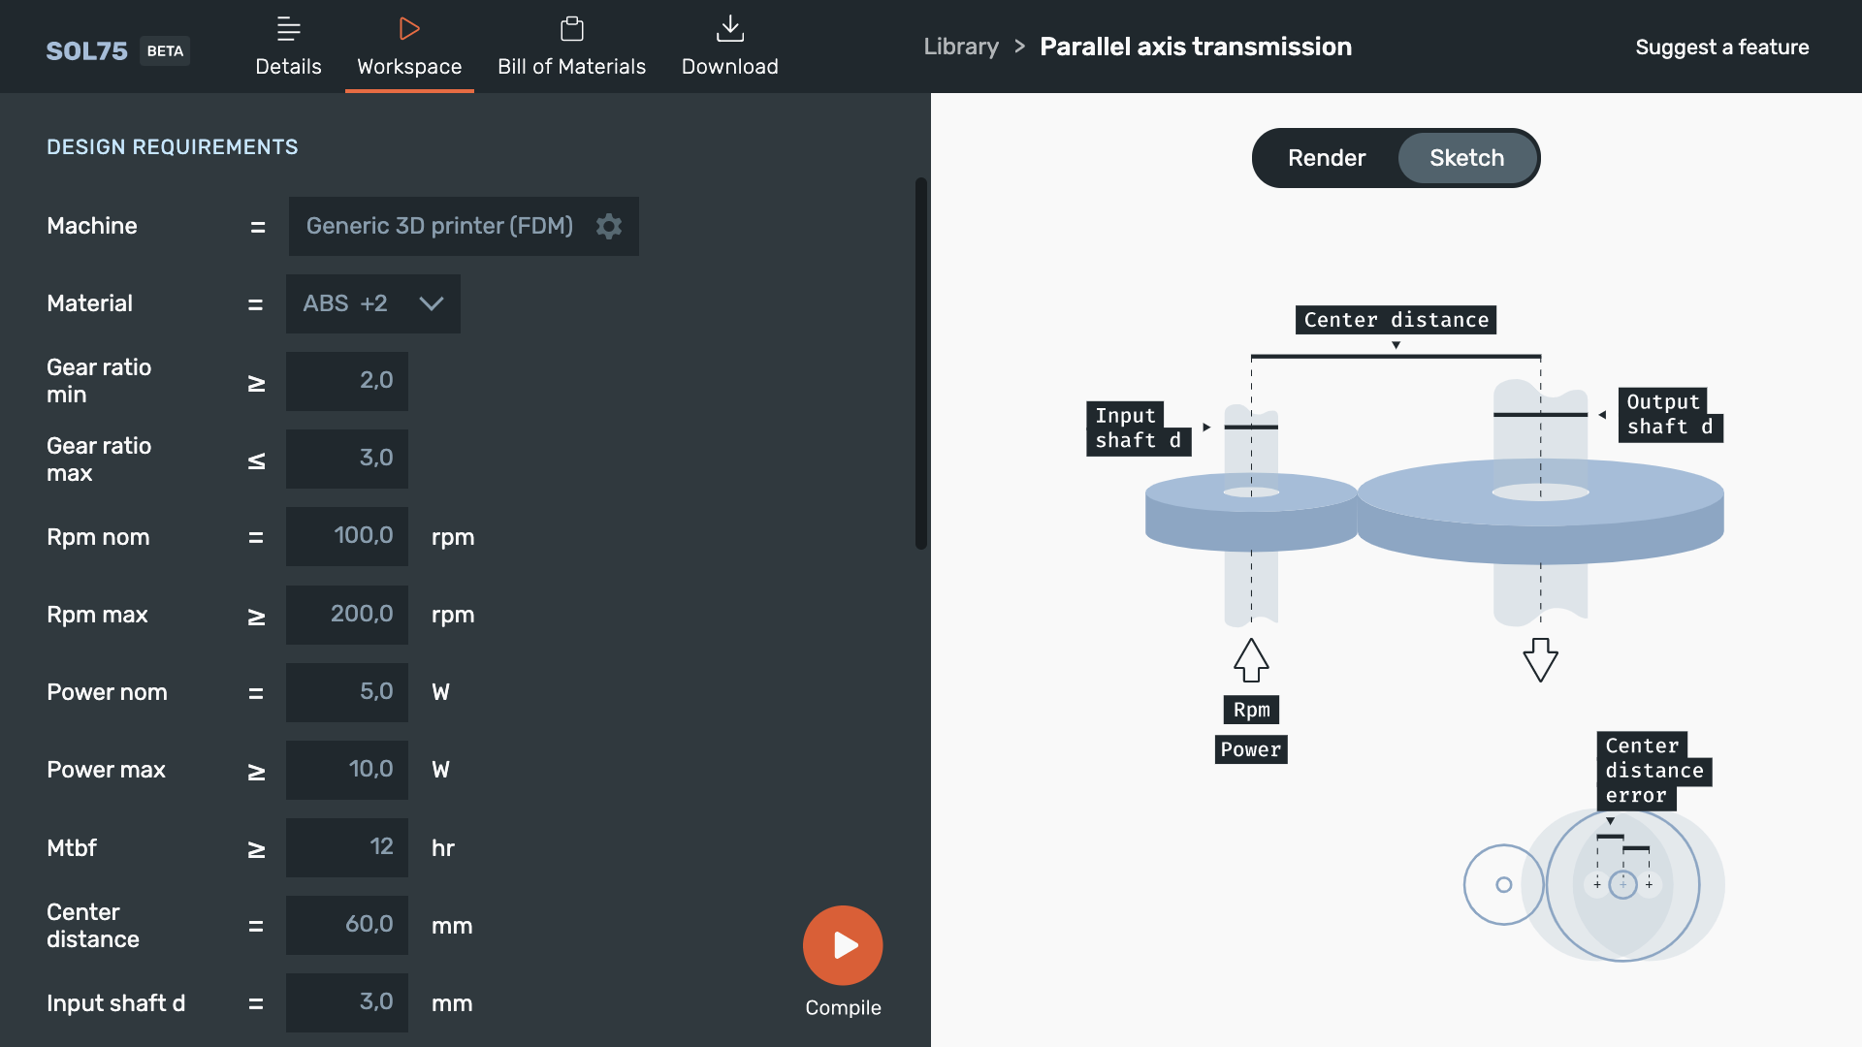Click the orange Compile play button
(x=843, y=945)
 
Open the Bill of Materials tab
(x=572, y=47)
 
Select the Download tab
(x=730, y=47)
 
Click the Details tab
(x=288, y=47)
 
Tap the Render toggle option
(x=1327, y=158)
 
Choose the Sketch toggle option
(x=1467, y=158)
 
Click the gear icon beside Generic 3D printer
(x=609, y=226)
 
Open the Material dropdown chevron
(x=432, y=303)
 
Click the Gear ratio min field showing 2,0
(x=347, y=381)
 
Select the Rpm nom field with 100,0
(x=347, y=536)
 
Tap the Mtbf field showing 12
(x=347, y=847)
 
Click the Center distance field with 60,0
(x=347, y=925)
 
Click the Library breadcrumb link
(x=961, y=47)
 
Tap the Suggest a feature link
(x=1722, y=48)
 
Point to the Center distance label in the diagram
(x=1396, y=320)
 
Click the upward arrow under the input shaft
(x=1251, y=660)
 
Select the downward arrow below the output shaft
(x=1540, y=660)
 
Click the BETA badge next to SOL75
(x=165, y=50)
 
